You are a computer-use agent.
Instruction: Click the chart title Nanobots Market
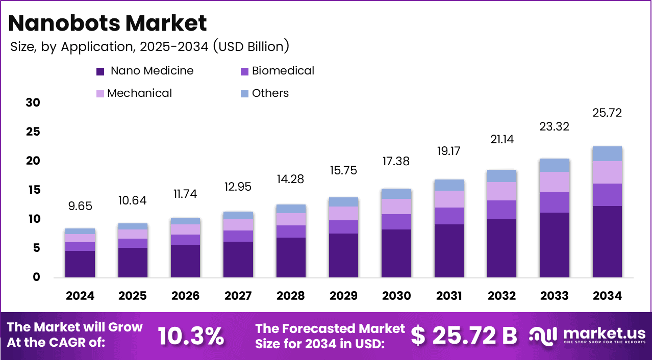(108, 23)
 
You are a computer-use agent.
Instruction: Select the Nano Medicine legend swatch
(100, 71)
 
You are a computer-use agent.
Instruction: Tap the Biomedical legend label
(283, 71)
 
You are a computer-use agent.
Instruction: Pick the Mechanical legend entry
(134, 93)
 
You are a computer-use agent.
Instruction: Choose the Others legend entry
(265, 93)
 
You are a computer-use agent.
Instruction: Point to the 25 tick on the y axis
(33, 132)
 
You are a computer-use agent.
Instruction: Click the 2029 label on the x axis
(343, 296)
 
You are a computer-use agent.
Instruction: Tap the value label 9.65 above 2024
(80, 206)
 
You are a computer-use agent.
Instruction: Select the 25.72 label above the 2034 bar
(607, 113)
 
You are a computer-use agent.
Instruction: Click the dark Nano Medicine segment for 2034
(607, 242)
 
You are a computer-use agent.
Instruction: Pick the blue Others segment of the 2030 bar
(396, 194)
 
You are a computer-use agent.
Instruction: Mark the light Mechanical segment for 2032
(502, 191)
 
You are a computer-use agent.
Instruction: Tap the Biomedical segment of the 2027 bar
(238, 236)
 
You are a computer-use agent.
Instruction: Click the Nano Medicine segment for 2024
(80, 264)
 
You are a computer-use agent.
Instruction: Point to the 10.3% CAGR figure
(191, 336)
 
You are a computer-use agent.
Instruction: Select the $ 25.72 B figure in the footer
(464, 336)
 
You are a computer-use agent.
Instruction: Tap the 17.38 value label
(396, 161)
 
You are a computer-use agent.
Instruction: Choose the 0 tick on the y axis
(36, 277)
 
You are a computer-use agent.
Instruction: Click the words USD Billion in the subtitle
(251, 46)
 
